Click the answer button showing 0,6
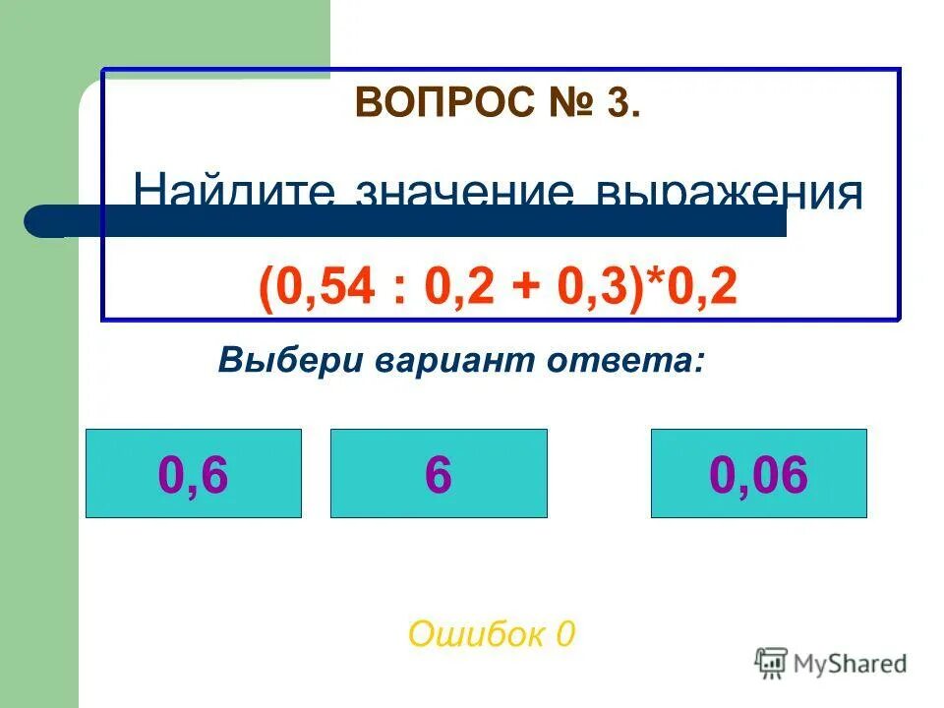coord(193,474)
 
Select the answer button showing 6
coord(439,474)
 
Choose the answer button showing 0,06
coord(758,474)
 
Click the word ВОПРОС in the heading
coord(432,103)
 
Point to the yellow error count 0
coord(564,634)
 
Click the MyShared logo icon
coord(772,664)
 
